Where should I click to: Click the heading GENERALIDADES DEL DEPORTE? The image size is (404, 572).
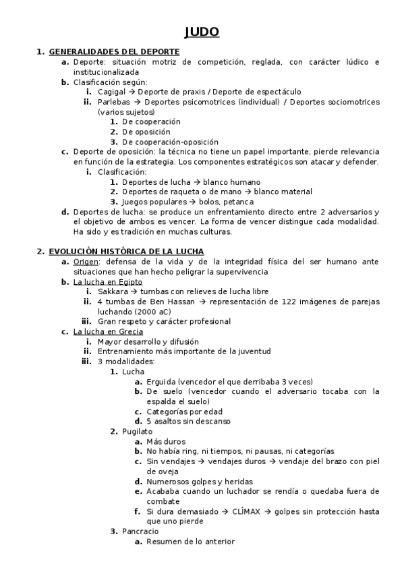click(x=114, y=51)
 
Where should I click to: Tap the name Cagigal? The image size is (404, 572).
click(x=111, y=92)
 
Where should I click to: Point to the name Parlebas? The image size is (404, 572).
click(x=113, y=102)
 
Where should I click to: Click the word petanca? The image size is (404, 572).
click(x=240, y=202)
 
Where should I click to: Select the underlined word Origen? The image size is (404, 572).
click(x=86, y=261)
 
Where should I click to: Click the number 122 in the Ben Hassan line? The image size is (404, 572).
click(x=274, y=302)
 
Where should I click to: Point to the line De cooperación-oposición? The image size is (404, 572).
click(x=170, y=142)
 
